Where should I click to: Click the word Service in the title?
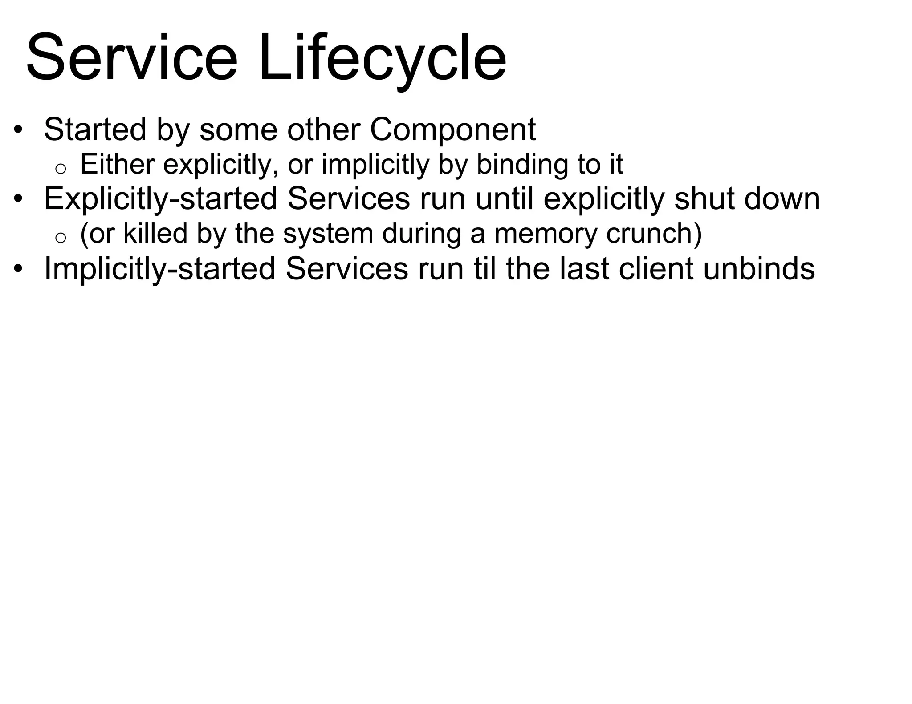click(132, 58)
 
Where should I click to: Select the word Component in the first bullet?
click(452, 129)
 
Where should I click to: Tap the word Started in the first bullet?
click(95, 129)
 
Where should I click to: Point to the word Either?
click(117, 164)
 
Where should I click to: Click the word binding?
click(522, 165)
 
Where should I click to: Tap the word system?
click(328, 234)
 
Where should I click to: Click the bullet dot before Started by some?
click(17, 130)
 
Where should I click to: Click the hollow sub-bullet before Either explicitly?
click(61, 168)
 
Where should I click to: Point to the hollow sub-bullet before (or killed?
click(61, 237)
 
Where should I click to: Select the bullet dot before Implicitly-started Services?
click(17, 269)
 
